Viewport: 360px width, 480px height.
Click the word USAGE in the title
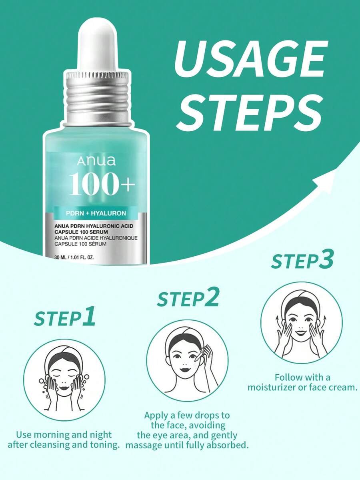249,59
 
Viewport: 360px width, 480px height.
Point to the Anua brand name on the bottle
96,161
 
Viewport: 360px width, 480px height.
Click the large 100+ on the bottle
102,183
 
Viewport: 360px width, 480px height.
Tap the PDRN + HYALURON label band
96,213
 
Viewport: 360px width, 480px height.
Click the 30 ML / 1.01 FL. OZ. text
74,257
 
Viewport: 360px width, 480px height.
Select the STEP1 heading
64,317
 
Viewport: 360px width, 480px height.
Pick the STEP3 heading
302,261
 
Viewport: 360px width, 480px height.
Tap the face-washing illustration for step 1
64,380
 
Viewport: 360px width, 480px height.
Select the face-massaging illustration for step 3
302,323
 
